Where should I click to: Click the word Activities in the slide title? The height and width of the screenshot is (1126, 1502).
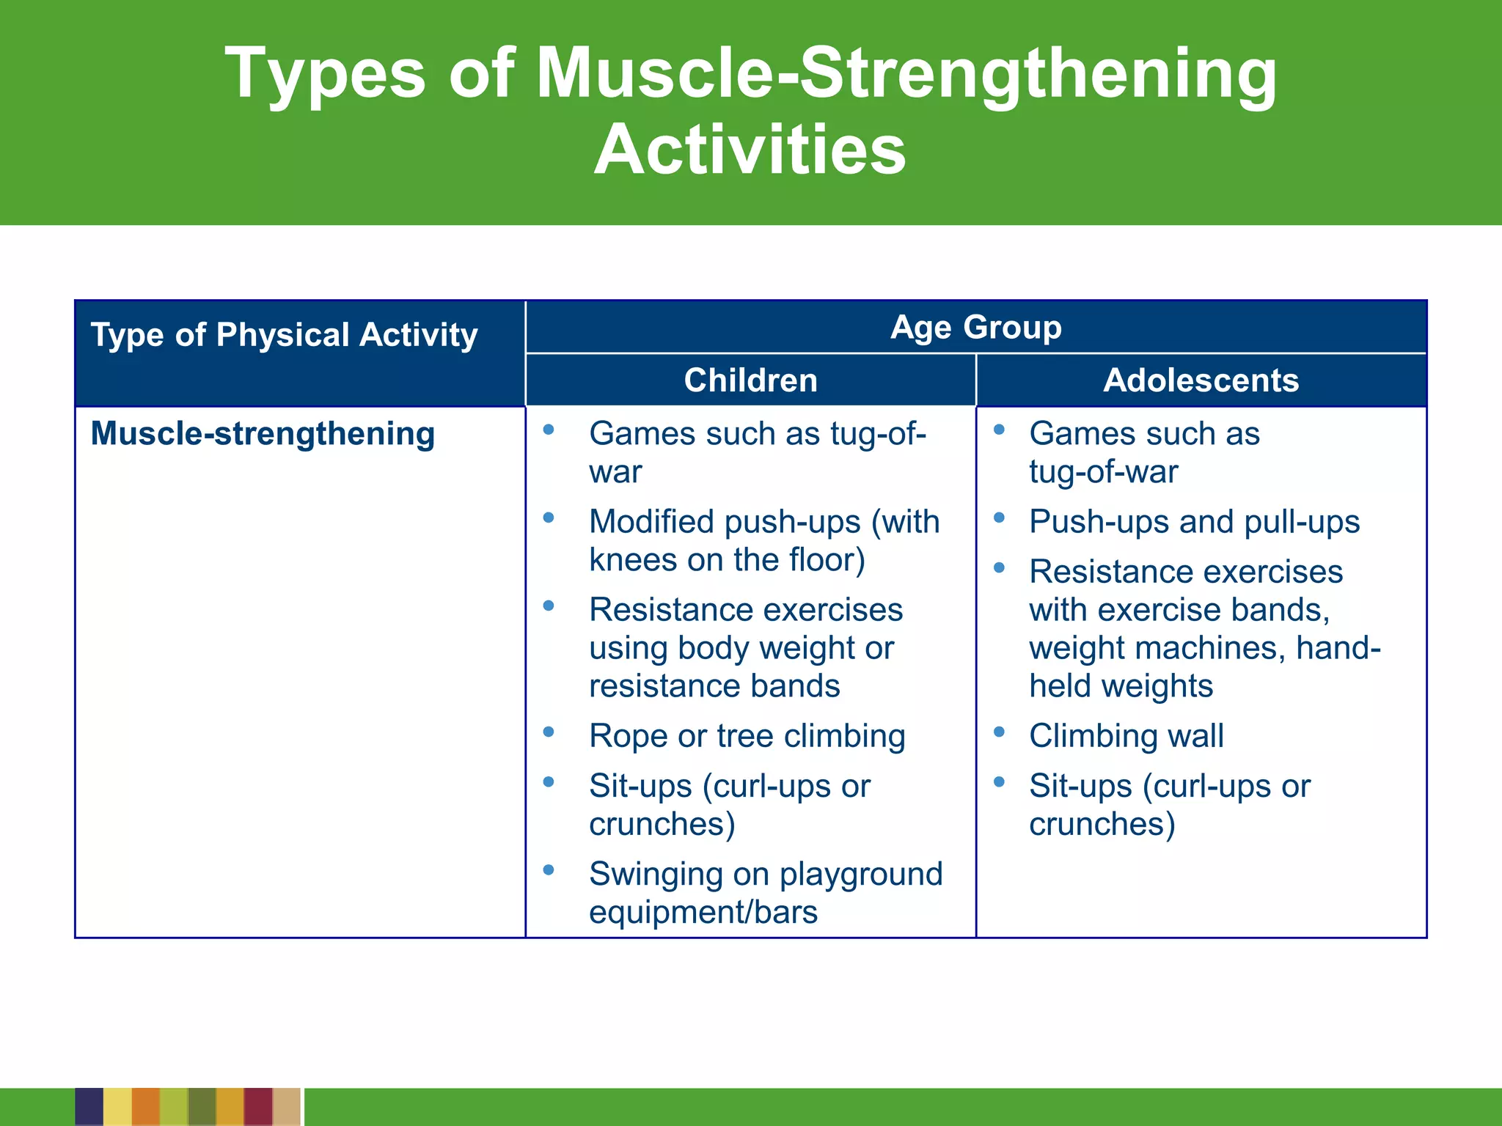(x=750, y=150)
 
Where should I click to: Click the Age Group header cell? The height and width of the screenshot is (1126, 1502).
(x=975, y=327)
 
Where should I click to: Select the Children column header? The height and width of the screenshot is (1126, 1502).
(x=750, y=380)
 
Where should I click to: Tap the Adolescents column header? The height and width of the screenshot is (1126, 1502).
(x=1201, y=380)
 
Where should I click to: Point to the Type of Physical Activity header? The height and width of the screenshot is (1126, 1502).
(x=284, y=335)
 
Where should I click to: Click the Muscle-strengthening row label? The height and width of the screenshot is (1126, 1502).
(x=263, y=433)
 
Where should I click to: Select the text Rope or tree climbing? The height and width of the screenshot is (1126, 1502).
(x=747, y=736)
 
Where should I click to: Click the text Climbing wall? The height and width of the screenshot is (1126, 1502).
(x=1126, y=736)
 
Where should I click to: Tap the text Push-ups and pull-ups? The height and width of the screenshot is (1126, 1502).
(x=1193, y=522)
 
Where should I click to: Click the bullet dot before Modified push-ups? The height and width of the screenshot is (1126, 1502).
(x=549, y=518)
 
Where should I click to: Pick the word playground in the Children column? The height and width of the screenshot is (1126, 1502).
(x=860, y=874)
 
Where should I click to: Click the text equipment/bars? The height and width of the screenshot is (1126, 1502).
(x=703, y=913)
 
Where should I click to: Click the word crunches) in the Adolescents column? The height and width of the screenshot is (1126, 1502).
(x=1102, y=824)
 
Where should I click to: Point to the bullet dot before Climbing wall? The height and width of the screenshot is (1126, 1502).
(x=999, y=732)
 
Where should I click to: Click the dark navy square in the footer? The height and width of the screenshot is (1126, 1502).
(x=89, y=1107)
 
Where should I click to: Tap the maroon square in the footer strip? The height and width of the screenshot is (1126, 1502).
(x=258, y=1107)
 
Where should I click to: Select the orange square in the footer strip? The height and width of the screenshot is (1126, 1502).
(x=145, y=1107)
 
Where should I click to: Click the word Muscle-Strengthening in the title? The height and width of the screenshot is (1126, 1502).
(x=906, y=73)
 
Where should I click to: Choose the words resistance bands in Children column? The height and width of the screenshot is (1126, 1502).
(x=714, y=686)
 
